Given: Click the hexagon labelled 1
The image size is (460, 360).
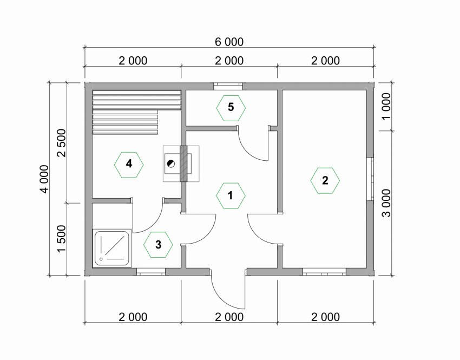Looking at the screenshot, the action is (x=231, y=195).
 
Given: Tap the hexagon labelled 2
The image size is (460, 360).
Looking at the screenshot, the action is (x=325, y=180).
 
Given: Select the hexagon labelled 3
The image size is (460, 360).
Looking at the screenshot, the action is (x=158, y=245).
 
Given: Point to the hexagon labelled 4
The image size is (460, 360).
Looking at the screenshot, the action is (x=129, y=165).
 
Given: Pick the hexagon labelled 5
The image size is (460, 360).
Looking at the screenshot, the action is (x=231, y=108).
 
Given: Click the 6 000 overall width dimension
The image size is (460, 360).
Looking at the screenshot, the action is (x=229, y=42).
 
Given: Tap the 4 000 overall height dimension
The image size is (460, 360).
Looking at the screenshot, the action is (x=44, y=179).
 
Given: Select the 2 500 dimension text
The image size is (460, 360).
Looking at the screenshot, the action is (x=62, y=143).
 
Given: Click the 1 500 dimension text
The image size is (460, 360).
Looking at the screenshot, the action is (x=62, y=239).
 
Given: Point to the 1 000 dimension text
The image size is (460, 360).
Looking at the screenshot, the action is (x=386, y=106).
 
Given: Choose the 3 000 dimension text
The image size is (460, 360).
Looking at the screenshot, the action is (x=386, y=203).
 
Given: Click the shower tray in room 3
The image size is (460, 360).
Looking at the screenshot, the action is (x=111, y=248).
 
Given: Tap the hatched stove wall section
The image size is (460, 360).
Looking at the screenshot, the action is (x=183, y=163).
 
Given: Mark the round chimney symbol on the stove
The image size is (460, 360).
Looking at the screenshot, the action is (x=170, y=163).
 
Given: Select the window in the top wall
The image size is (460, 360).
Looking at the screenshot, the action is (x=228, y=86).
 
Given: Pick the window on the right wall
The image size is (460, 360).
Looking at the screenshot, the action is (x=371, y=179).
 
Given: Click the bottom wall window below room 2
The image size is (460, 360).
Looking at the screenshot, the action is (x=325, y=272).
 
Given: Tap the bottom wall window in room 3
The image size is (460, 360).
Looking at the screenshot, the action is (x=151, y=272).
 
